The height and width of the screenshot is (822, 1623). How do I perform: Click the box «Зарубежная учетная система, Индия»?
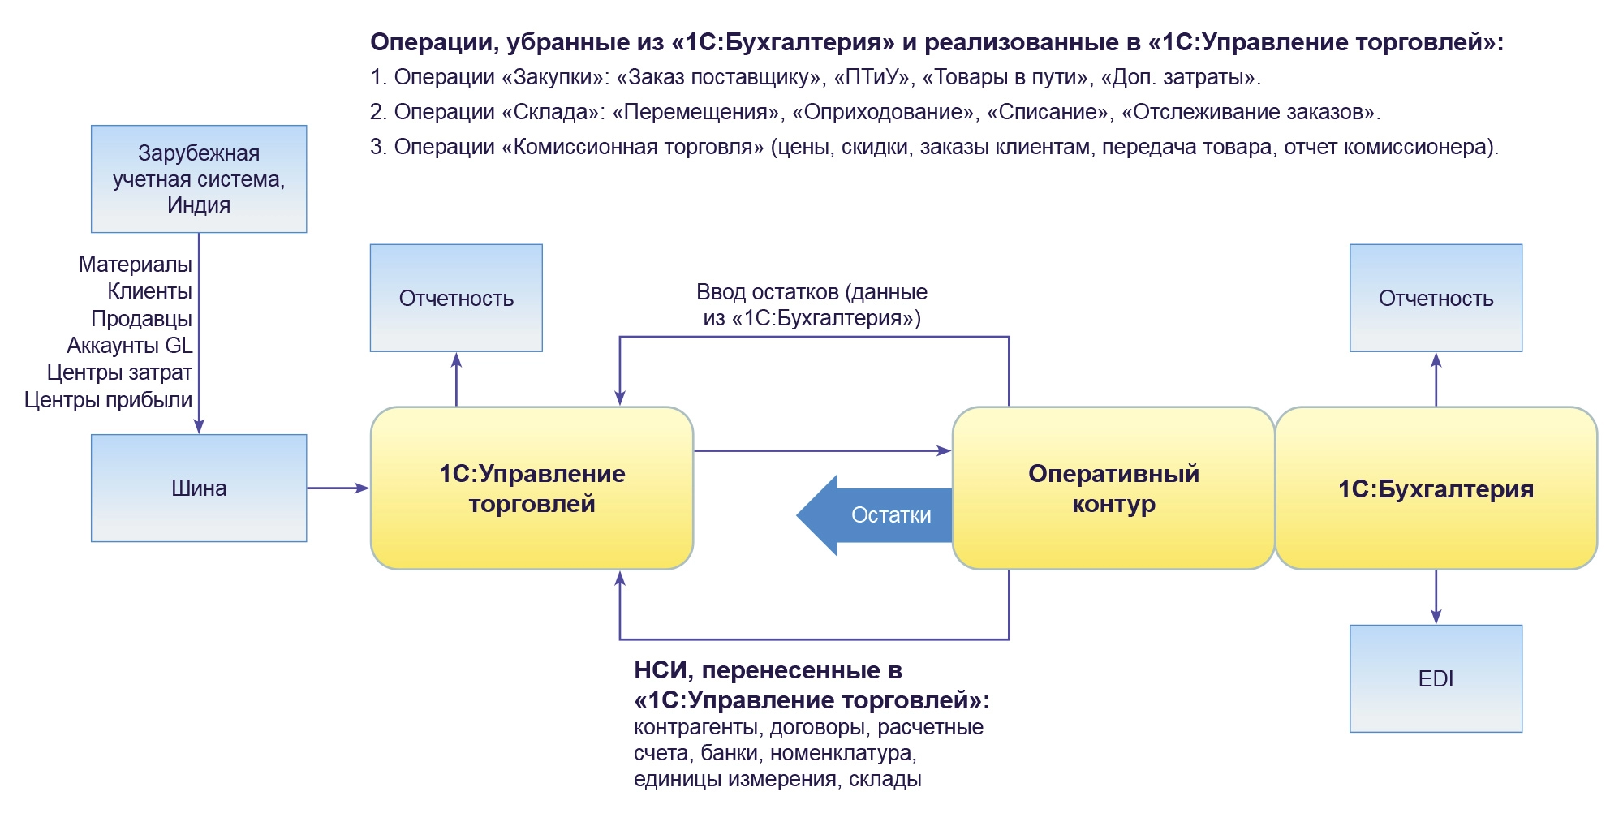pyautogui.click(x=199, y=179)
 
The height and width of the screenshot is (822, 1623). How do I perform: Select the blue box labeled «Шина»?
pyautogui.click(x=199, y=488)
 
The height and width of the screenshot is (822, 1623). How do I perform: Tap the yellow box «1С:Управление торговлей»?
pyautogui.click(x=532, y=488)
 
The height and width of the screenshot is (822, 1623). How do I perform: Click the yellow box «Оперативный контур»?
pyautogui.click(x=1113, y=488)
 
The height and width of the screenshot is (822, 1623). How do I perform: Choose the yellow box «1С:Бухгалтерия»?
pyautogui.click(x=1436, y=488)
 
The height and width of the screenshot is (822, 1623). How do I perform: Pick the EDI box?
pyautogui.click(x=1436, y=678)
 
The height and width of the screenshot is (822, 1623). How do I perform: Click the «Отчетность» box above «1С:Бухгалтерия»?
pyautogui.click(x=1436, y=298)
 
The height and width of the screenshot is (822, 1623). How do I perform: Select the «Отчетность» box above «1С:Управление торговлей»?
pyautogui.click(x=456, y=298)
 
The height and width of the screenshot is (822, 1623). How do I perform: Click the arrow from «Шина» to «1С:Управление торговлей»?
pyautogui.click(x=338, y=488)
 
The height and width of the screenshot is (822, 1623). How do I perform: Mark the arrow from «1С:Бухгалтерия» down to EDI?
pyautogui.click(x=1436, y=596)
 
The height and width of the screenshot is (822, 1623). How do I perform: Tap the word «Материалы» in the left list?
pyautogui.click(x=135, y=265)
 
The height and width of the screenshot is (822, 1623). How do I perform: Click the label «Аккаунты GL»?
pyautogui.click(x=129, y=346)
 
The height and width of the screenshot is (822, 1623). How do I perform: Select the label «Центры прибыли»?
pyautogui.click(x=108, y=400)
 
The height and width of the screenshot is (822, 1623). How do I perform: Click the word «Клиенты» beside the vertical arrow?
pyautogui.click(x=149, y=291)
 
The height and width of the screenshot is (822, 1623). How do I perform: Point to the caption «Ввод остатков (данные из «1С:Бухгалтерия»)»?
pyautogui.click(x=811, y=305)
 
